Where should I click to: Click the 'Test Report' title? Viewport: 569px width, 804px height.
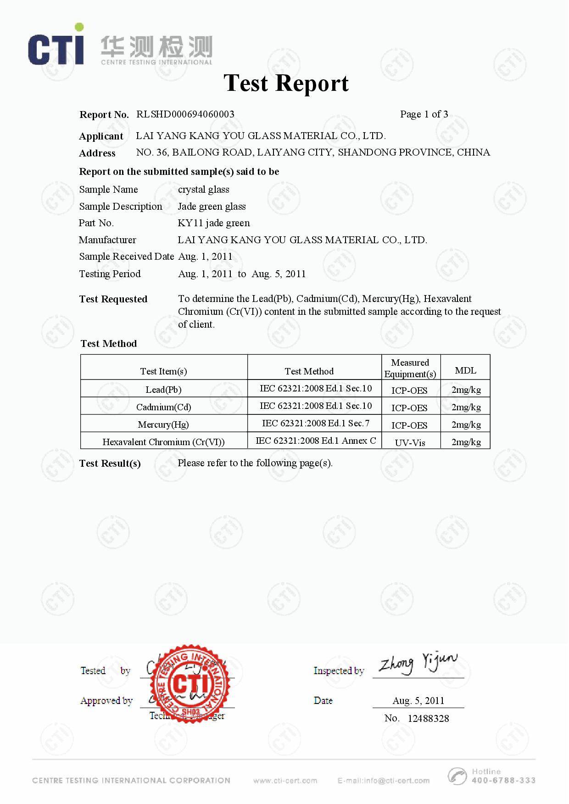(286, 83)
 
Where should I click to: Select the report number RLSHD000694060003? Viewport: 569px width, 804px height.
(185, 114)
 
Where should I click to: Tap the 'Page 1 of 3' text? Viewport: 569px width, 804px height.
(424, 114)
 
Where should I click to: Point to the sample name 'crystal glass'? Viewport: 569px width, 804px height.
(203, 190)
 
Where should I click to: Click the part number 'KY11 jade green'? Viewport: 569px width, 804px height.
(214, 223)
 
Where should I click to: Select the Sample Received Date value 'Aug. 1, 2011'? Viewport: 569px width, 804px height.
(205, 257)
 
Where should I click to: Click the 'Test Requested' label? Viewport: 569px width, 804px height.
(113, 299)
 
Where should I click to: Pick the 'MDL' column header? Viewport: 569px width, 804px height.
(465, 370)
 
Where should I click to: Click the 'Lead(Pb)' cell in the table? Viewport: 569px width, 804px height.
(163, 390)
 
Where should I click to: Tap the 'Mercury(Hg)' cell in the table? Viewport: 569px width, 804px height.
(163, 424)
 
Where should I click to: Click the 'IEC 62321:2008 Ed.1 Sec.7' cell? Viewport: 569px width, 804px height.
(315, 423)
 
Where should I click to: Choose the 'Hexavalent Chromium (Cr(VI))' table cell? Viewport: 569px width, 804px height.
(163, 442)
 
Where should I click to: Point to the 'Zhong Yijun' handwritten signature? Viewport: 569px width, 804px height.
(418, 664)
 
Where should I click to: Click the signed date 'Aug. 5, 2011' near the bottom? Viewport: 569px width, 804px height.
(418, 700)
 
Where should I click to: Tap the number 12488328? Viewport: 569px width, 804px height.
(428, 718)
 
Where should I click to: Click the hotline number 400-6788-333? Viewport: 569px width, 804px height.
(503, 780)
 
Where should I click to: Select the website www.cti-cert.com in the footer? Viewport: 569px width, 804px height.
(285, 780)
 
